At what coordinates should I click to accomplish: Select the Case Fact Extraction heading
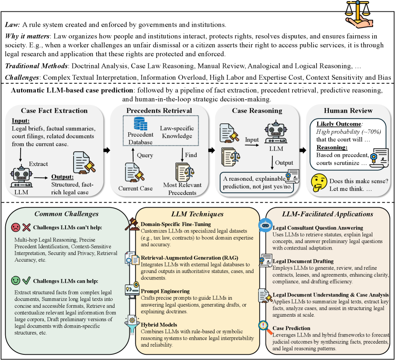coord(55,110)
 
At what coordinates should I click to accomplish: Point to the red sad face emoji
coord(16,227)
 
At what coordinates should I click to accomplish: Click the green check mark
coord(27,280)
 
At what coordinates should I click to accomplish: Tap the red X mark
coord(27,227)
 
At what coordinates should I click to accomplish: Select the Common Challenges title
coord(66,214)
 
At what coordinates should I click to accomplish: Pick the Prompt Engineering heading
coord(165,291)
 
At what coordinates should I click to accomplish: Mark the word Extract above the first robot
coord(38,163)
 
